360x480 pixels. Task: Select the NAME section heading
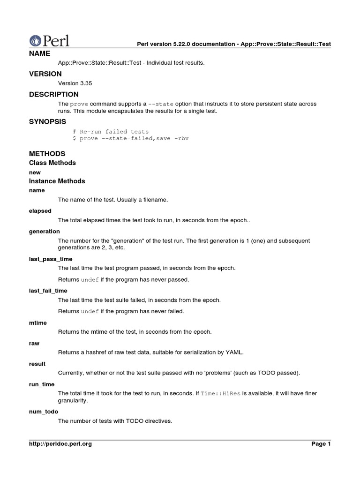coord(39,53)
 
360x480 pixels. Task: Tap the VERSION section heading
coord(45,74)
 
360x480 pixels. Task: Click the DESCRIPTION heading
coord(54,94)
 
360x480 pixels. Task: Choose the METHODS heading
coord(47,154)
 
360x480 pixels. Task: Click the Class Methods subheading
coord(52,163)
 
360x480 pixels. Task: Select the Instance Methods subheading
coord(57,181)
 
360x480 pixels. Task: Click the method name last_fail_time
coord(48,291)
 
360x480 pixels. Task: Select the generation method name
coord(45,231)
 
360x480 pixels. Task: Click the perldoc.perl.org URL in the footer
coord(60,444)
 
